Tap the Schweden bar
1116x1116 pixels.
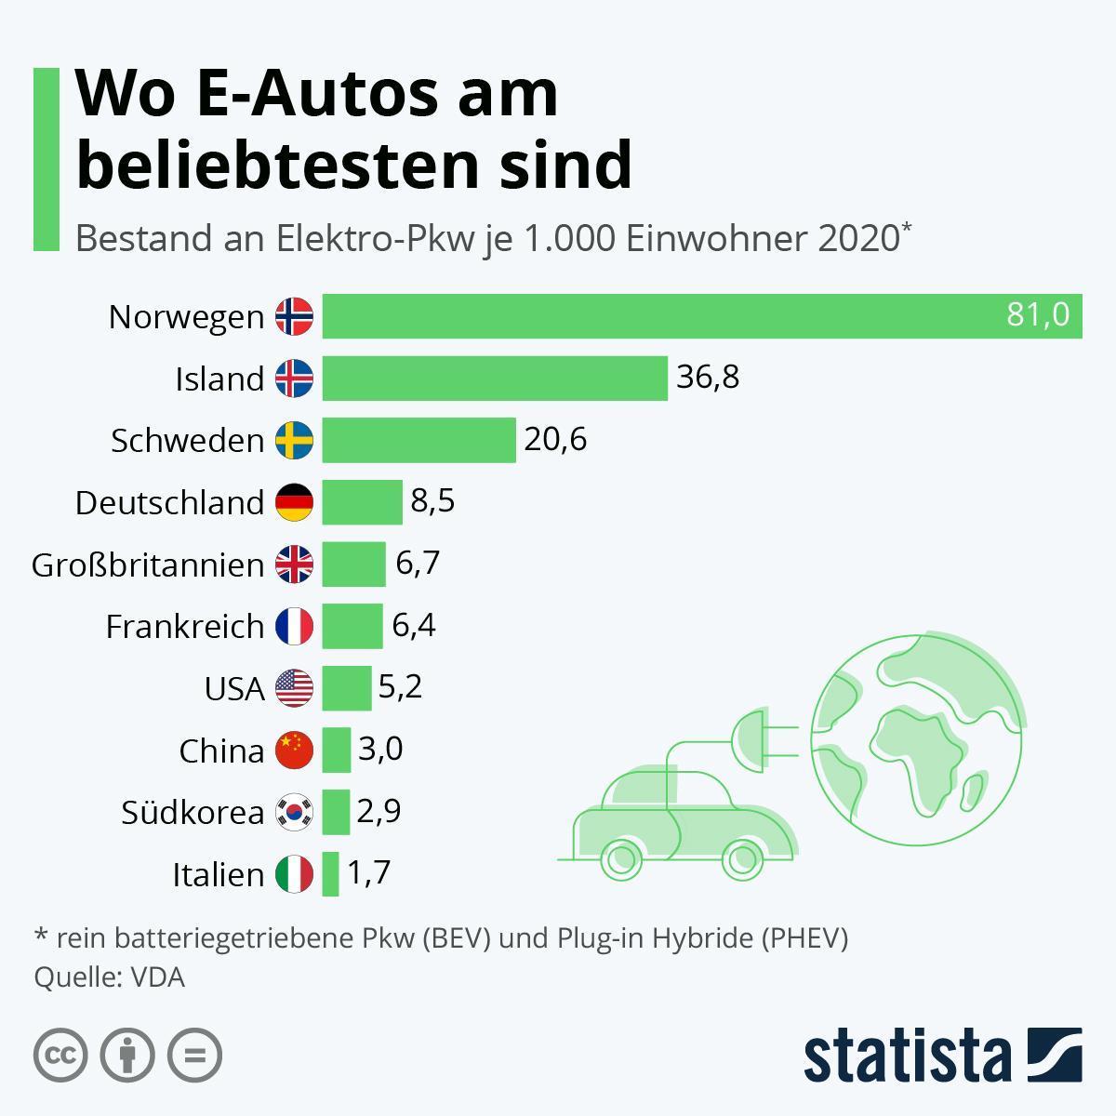[x=418, y=440]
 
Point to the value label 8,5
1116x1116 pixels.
[x=432, y=501]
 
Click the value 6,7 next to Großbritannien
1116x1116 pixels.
[x=417, y=564]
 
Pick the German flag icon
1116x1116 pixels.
[x=294, y=502]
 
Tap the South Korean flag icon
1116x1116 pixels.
[x=294, y=812]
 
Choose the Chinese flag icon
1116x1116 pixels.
[x=294, y=750]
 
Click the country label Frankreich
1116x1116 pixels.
[x=185, y=627]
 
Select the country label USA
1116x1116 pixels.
[x=234, y=689]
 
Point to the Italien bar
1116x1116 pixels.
[x=330, y=874]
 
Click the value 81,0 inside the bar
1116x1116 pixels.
[x=1038, y=315]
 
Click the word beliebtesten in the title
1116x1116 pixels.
[x=275, y=165]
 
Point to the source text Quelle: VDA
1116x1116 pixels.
[x=109, y=978]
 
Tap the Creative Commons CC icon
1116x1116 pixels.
[x=60, y=1055]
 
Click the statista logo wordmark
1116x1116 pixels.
[x=907, y=1057]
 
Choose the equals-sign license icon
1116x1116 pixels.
[x=194, y=1055]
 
